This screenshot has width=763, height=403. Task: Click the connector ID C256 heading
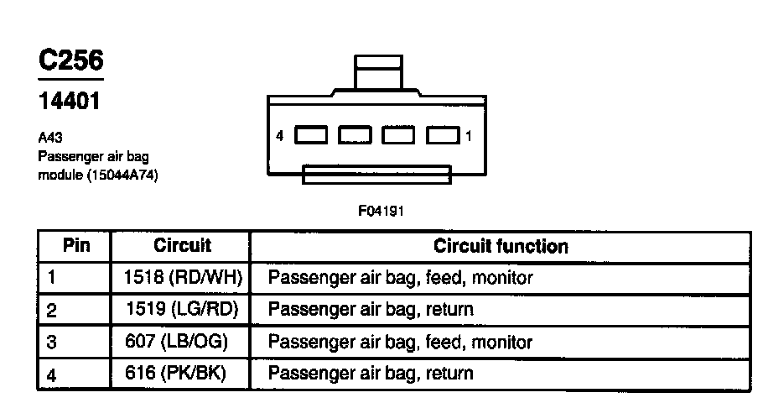coord(71,60)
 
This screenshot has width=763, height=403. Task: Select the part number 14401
coord(70,102)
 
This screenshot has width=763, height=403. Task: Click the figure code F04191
coord(381,211)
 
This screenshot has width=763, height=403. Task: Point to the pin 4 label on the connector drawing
coord(279,135)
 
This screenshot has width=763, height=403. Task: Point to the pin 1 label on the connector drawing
coord(470,135)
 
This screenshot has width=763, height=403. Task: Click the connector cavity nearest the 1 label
coord(443,135)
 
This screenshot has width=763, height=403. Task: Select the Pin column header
coord(75,246)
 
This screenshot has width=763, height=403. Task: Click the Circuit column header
coord(182,246)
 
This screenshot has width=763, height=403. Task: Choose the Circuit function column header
coord(501,246)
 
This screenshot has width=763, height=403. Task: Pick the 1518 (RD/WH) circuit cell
coord(182,277)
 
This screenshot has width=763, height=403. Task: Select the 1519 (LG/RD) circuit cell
coord(182,309)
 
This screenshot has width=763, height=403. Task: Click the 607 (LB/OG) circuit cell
coord(182,342)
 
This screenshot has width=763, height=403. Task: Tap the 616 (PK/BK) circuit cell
coord(182,373)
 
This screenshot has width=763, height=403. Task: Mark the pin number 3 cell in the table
coord(51,343)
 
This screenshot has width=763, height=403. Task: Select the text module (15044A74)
coord(98,176)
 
